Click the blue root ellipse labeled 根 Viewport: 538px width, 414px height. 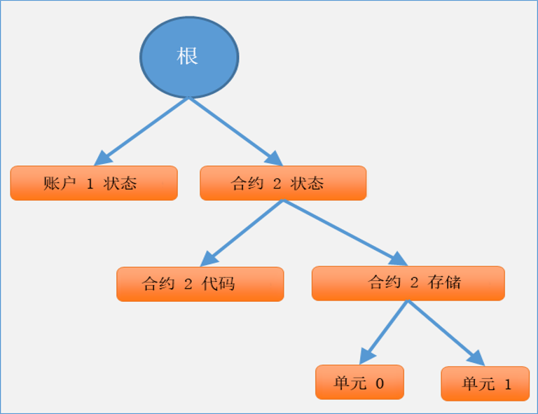coord(189,57)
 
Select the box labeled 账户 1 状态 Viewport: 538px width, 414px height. coord(94,183)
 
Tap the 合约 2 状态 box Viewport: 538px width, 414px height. coord(283,183)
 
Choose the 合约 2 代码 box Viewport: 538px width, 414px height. coord(200,284)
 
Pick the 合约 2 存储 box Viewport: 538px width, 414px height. coord(408,283)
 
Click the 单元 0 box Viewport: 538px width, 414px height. coord(359,382)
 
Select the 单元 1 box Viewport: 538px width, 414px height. coord(485,383)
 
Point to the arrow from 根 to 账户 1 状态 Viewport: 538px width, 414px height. coord(142,132)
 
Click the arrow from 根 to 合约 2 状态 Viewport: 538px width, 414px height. coord(236,132)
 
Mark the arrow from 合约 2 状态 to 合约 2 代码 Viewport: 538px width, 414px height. coord(242,233)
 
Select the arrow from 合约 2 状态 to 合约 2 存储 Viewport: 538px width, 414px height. coord(345,233)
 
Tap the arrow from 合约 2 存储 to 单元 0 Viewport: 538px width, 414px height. coord(384,332)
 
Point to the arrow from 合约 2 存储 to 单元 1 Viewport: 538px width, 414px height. coord(446,333)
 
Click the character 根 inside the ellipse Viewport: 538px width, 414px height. coord(187,56)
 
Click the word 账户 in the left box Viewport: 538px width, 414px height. coord(60,183)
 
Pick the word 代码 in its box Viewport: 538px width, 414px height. coord(219,284)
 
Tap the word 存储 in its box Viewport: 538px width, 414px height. coord(444,282)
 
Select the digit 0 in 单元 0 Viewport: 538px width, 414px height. coord(380,383)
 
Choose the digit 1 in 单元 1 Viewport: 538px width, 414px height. coord(508,385)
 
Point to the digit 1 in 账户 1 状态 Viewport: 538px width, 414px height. coord(90,184)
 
